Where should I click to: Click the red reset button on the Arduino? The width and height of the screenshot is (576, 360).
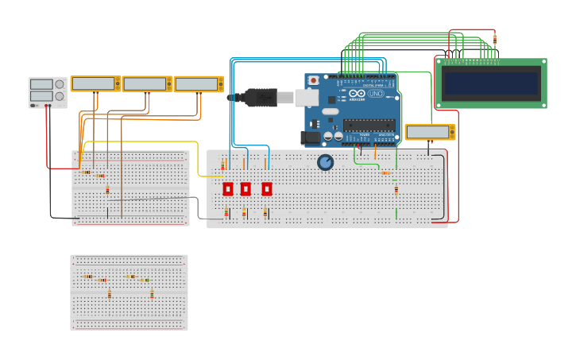click(x=314, y=80)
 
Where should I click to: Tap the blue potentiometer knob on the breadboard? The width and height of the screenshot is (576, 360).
click(x=325, y=162)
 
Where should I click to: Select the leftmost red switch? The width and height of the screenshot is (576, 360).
click(x=228, y=189)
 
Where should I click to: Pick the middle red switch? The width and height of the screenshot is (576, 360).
click(x=245, y=189)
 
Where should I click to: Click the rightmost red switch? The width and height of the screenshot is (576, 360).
click(x=267, y=189)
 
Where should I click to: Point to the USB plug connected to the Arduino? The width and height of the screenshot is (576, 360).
click(x=262, y=98)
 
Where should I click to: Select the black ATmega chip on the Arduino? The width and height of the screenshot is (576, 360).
click(x=369, y=125)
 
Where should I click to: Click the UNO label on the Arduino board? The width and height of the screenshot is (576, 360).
click(x=375, y=94)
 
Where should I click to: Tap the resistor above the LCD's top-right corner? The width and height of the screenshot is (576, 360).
click(x=494, y=38)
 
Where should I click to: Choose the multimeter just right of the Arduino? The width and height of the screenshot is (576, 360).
click(x=430, y=132)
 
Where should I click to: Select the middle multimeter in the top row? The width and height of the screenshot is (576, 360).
click(x=146, y=83)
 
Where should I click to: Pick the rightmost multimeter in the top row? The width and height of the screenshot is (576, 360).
click(x=198, y=84)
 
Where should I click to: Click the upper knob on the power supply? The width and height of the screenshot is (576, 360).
click(x=60, y=84)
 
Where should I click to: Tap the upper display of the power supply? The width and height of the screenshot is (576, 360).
click(x=41, y=84)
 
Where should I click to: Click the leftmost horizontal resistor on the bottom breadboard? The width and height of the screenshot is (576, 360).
click(x=87, y=277)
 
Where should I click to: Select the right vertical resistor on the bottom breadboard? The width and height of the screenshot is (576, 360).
click(x=152, y=294)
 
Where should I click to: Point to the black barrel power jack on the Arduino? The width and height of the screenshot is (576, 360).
click(x=309, y=137)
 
